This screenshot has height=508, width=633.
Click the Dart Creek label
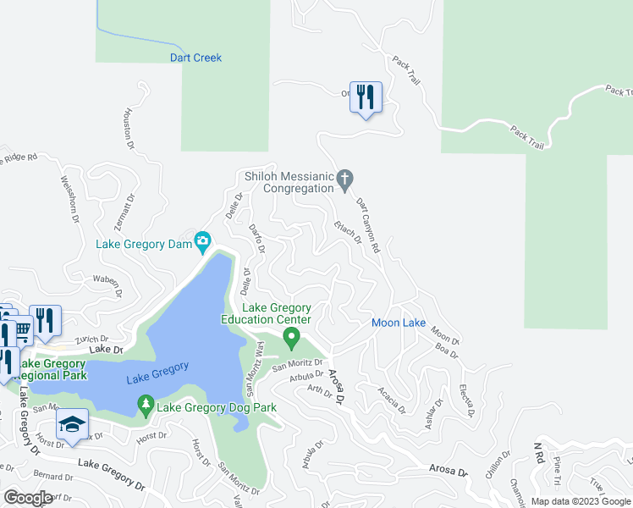(195, 58)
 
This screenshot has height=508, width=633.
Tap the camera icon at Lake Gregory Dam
(202, 243)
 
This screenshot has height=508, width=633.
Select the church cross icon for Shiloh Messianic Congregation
(344, 179)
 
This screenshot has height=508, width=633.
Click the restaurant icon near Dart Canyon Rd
(366, 98)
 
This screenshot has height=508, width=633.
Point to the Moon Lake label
(399, 323)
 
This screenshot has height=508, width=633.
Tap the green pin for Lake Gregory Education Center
(292, 339)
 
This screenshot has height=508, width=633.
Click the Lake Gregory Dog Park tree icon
(146, 406)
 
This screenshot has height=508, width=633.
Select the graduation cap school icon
(72, 424)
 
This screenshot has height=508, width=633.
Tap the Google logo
(28, 498)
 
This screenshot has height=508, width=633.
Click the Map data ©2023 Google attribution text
(581, 501)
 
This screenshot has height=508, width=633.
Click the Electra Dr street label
(465, 400)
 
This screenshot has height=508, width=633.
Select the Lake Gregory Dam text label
(143, 245)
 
